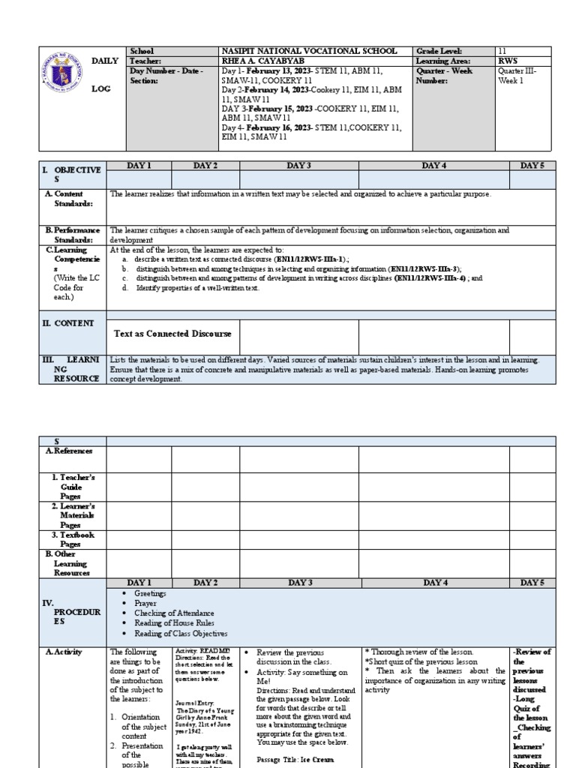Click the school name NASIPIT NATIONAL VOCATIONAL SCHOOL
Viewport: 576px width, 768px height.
309,51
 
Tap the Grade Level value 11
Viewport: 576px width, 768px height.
502,51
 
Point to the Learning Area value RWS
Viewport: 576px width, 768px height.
507,61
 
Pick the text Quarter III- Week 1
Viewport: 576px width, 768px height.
517,76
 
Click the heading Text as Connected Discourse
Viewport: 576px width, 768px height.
172,334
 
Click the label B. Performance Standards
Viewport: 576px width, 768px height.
72,235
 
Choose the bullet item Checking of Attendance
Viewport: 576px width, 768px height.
174,613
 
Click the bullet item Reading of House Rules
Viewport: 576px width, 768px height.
174,622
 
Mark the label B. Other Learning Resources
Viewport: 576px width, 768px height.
70,563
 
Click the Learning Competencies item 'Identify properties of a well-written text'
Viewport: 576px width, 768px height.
197,288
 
